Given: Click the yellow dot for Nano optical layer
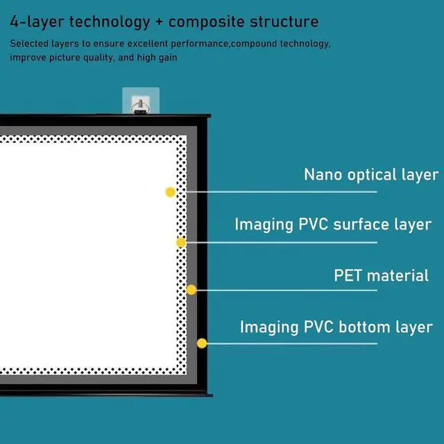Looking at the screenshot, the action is [x=170, y=192].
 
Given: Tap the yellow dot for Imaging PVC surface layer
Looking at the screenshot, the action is [x=180, y=242].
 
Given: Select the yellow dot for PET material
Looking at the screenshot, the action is [x=191, y=289].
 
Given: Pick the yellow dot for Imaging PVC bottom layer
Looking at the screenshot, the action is [x=202, y=343].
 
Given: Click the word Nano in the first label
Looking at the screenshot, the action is [x=323, y=174].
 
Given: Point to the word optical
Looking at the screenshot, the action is [x=371, y=175].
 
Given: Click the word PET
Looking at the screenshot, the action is [x=348, y=275].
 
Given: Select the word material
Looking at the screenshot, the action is [x=398, y=275].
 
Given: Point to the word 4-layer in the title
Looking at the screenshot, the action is [x=34, y=22].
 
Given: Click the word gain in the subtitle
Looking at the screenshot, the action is [x=166, y=58].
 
